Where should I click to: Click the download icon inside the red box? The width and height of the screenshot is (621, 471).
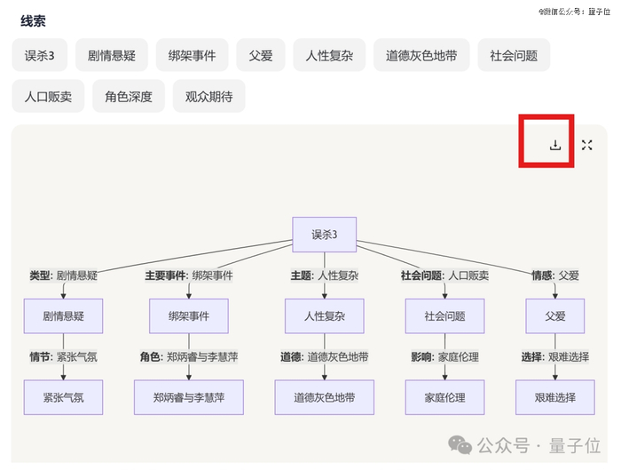click(x=555, y=145)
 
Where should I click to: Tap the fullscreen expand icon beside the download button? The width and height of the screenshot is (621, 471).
click(x=586, y=145)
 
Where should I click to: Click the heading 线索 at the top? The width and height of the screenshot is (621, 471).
click(x=34, y=20)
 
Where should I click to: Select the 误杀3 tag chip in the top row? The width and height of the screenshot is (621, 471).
click(x=40, y=55)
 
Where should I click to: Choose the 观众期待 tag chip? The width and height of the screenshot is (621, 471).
click(x=208, y=96)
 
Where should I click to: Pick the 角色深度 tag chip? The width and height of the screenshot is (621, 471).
click(x=128, y=96)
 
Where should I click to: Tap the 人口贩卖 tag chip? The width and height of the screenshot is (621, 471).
click(x=48, y=96)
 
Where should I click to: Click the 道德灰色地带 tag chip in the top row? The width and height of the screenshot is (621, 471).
click(x=421, y=55)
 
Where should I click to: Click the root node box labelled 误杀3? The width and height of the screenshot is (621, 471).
click(x=324, y=235)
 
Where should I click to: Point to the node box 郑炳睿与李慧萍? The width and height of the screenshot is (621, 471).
click(x=190, y=397)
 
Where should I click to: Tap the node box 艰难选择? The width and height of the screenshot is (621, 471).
click(x=555, y=397)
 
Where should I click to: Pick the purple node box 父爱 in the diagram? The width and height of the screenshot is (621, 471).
click(x=555, y=315)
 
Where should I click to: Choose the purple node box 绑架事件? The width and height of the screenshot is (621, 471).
click(x=189, y=315)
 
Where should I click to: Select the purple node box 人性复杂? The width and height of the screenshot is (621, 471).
click(x=325, y=315)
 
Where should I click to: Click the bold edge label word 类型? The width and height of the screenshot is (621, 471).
click(x=40, y=275)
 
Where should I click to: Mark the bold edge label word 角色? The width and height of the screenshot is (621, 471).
click(x=150, y=357)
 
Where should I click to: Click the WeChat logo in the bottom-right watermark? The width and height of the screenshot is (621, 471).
click(x=460, y=443)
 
